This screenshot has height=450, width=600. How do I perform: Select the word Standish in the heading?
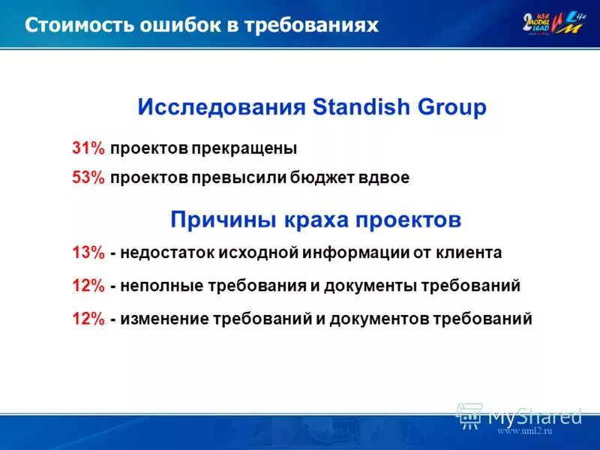(x=355, y=107)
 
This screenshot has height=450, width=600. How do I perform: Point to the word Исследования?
(x=221, y=107)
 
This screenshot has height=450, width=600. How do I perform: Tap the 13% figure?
(x=88, y=253)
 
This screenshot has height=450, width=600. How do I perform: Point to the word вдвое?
(x=385, y=178)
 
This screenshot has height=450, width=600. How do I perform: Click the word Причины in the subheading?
(x=223, y=220)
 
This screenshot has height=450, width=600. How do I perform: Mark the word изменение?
(x=159, y=319)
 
